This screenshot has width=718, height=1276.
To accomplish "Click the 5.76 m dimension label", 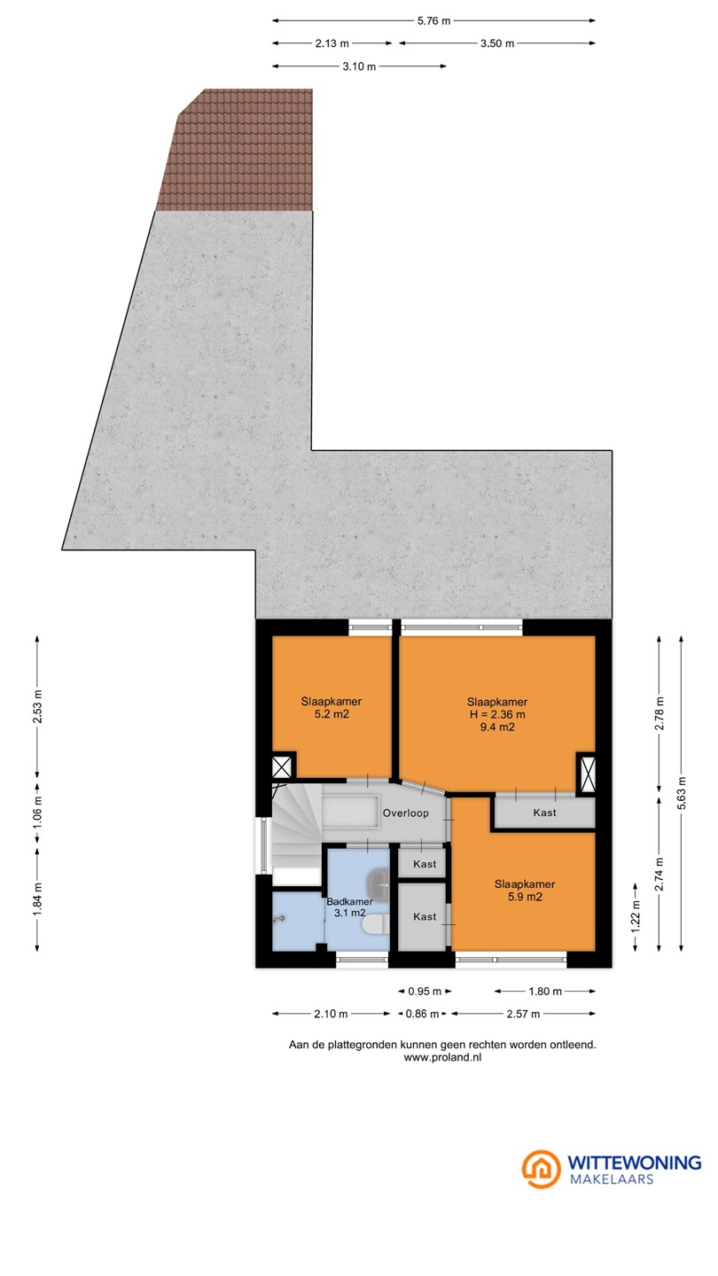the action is (433, 21).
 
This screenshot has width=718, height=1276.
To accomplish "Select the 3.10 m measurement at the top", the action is (359, 66).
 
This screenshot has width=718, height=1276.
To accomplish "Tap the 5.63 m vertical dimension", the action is (682, 793).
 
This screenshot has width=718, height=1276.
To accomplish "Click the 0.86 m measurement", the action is (422, 1014).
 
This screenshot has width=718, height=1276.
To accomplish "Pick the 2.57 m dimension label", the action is (523, 1014).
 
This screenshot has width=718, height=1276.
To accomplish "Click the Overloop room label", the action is (406, 813).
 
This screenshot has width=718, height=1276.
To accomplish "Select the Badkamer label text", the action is (349, 902).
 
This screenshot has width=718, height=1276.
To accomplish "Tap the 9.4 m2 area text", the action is (497, 727).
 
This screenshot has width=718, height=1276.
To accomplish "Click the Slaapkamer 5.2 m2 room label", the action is (332, 707).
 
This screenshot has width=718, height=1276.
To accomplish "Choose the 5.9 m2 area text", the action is (525, 897).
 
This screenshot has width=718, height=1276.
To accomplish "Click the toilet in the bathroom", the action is (377, 925).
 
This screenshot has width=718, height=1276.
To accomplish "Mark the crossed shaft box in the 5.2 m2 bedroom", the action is (282, 766).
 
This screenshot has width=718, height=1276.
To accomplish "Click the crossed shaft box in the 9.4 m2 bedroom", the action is (588, 774).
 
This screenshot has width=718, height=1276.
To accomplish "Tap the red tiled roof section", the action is (238, 150).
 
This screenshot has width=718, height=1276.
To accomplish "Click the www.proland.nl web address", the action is (443, 1057).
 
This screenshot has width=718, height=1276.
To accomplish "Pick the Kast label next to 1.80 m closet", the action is (545, 813).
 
